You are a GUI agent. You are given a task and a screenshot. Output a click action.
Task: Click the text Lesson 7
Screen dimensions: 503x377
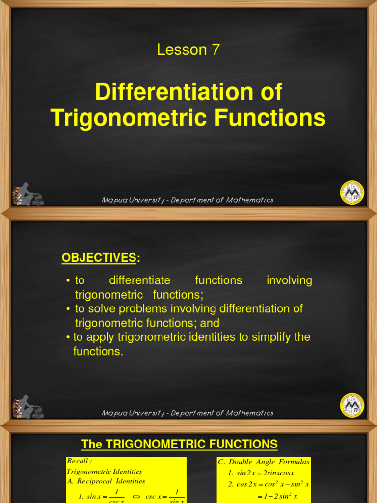coord(188,50)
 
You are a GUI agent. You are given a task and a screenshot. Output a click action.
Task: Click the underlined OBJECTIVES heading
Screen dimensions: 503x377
coord(98,258)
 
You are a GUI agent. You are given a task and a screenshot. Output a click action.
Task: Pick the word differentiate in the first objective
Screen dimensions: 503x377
coord(139,280)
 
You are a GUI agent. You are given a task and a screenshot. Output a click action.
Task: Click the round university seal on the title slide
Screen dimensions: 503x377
coord(352,193)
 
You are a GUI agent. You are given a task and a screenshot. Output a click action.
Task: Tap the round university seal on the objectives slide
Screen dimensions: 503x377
coord(352,405)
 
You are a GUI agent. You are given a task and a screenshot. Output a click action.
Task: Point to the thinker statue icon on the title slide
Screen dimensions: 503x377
coord(28,195)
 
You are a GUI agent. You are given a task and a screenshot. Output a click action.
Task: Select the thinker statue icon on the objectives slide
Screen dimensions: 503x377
coord(28,407)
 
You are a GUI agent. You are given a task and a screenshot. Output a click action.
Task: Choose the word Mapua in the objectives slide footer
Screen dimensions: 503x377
coord(110,413)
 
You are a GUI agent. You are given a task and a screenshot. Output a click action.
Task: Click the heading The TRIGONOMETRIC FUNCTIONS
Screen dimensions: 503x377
coord(179,445)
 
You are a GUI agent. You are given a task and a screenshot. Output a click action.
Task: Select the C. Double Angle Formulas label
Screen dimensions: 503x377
coord(264,462)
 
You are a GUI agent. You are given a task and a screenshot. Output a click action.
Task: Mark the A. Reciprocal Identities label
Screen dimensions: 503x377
coord(106,481)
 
